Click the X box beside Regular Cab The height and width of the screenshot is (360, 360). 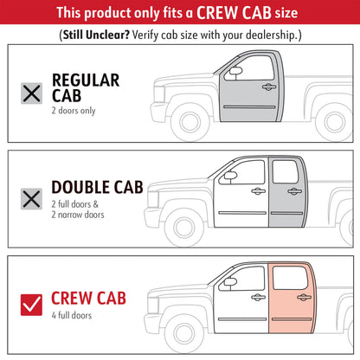point(31,93)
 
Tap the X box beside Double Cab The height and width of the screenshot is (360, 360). point(31,199)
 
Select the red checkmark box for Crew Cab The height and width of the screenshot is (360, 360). point(31,305)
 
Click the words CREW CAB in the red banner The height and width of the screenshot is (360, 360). point(234,12)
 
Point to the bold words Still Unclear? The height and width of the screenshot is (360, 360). point(96,35)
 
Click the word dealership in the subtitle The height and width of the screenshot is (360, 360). point(271,35)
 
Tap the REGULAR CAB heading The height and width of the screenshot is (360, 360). point(86,87)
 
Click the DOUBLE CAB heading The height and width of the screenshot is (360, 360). point(97,187)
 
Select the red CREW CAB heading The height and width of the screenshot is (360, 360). point(88,298)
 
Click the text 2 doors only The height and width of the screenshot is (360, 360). point(74,111)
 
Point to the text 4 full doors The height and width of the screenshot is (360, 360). point(72,315)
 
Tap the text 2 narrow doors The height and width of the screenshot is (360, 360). point(78,215)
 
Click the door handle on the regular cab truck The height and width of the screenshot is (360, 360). point(269,87)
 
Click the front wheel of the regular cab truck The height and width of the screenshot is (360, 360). point(190,122)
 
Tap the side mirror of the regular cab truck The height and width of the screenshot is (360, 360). point(235,71)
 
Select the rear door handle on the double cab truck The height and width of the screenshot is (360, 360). point(294,191)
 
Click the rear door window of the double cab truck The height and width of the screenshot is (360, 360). point(286,172)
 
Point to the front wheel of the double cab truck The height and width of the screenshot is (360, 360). point(184,228)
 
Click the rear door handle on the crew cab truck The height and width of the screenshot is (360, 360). point(304,297)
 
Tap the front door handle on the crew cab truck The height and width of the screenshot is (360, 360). point(258,297)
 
